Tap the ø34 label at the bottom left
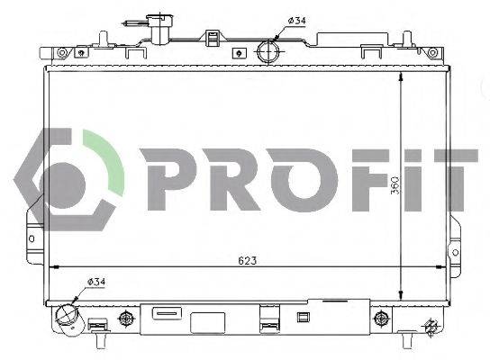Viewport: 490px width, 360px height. (97, 283)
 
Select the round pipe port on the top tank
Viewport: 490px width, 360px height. (269, 50)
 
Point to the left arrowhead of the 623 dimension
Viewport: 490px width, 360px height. (53, 267)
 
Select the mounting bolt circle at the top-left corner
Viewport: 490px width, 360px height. (61, 52)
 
